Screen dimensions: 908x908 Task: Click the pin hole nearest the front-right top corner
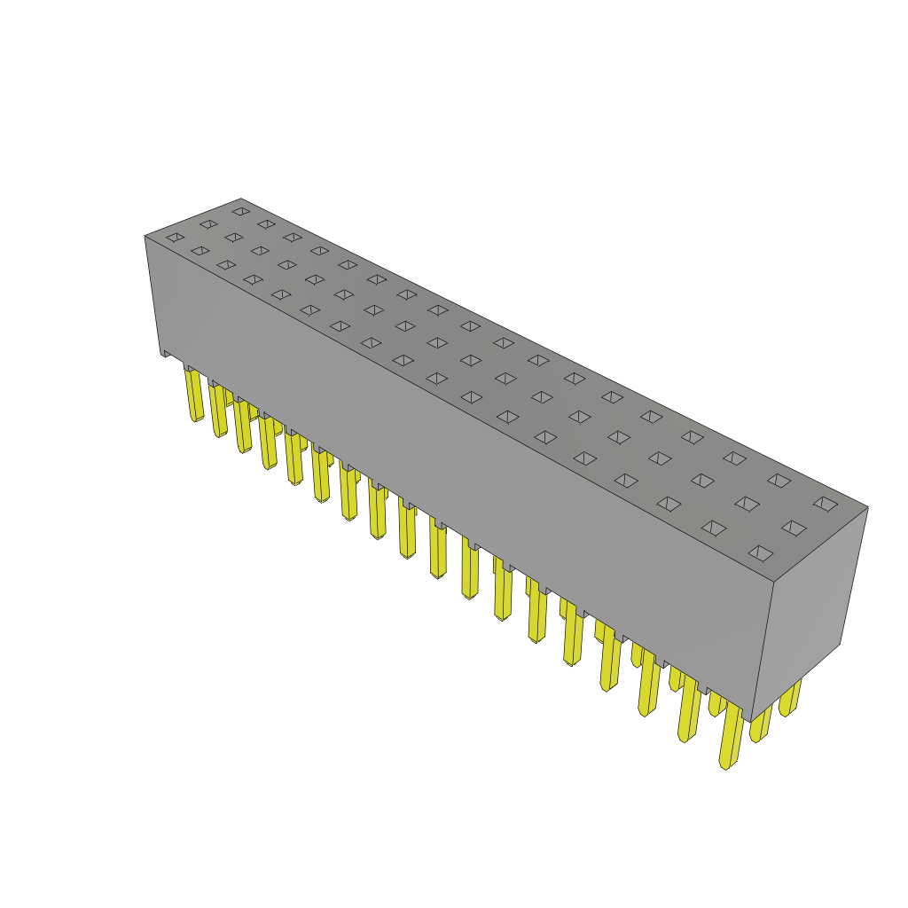[x=761, y=553]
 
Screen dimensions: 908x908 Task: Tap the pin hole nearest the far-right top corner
[x=826, y=504]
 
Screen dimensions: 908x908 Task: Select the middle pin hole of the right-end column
[x=794, y=528]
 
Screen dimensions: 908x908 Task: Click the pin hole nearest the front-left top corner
[x=176, y=237]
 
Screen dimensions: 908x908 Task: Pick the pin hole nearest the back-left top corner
[x=241, y=211]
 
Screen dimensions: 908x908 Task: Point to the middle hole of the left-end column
[x=208, y=224]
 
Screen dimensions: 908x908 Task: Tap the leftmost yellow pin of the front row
[x=194, y=395]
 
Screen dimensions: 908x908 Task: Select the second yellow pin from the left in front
[x=218, y=410]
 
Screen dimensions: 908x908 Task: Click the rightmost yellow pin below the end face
[x=789, y=697]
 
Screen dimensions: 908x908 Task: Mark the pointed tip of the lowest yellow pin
[x=725, y=765]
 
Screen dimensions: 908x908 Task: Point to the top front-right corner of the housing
[x=774, y=582]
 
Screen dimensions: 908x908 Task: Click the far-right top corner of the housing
[x=867, y=507]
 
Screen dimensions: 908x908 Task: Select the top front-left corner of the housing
[x=145, y=236]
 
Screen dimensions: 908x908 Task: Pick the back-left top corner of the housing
[x=241, y=200]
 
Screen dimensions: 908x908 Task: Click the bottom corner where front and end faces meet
[x=751, y=721]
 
